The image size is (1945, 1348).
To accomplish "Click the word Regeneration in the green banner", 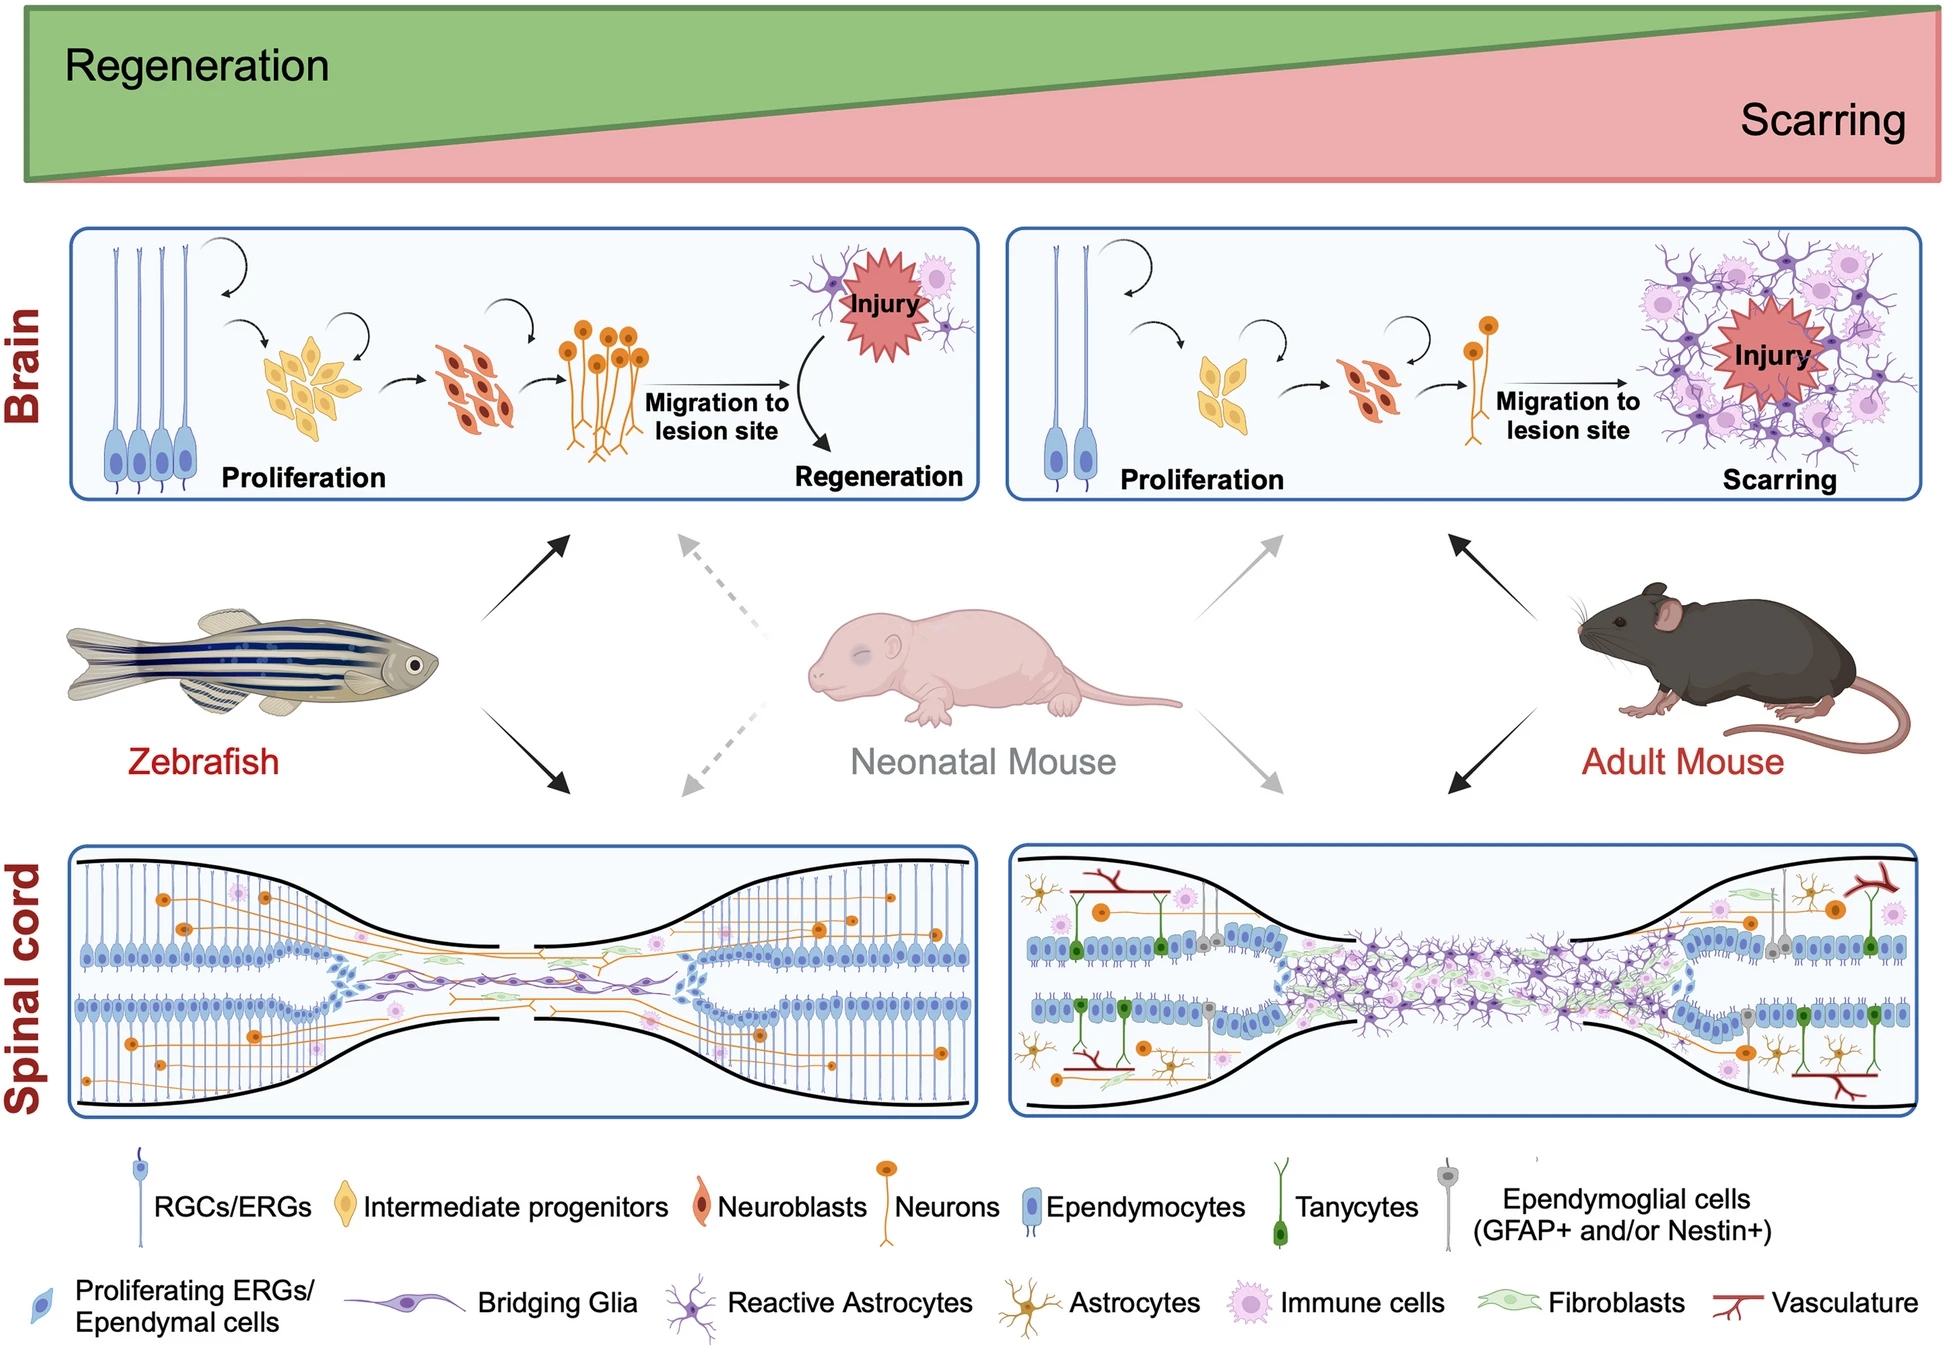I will (x=197, y=66).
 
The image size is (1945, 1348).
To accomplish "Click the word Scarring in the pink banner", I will (x=1822, y=120).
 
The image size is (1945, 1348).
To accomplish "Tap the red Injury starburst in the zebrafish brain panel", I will (x=883, y=304).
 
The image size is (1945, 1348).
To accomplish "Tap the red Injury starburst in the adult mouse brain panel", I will (x=1771, y=355).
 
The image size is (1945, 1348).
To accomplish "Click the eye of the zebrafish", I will (x=414, y=664).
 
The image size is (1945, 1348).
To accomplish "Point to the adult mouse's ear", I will (x=1667, y=613).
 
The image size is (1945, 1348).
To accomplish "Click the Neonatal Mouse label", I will (x=982, y=762).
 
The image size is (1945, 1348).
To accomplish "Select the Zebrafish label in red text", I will (x=203, y=762).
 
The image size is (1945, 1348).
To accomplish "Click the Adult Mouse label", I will (x=1682, y=762).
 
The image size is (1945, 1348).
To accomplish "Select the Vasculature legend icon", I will (x=1736, y=1304).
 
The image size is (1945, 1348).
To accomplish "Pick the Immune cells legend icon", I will (x=1249, y=1303).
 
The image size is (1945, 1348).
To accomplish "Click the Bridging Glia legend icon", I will (x=405, y=1302).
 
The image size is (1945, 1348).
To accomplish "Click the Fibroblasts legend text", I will (x=1616, y=1303).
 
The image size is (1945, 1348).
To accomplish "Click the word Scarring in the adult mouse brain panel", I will (x=1779, y=480).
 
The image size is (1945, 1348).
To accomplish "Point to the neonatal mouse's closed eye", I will (x=861, y=655).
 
